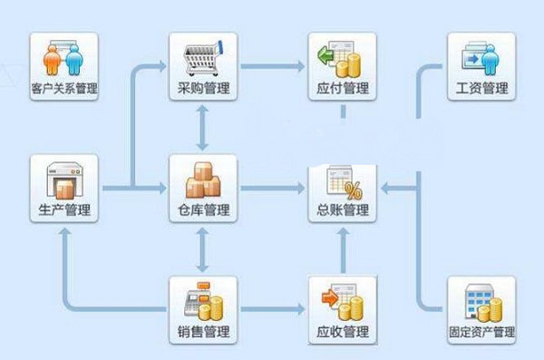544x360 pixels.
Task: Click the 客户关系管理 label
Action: pyautogui.click(x=64, y=90)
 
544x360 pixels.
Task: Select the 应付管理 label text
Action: pyautogui.click(x=343, y=90)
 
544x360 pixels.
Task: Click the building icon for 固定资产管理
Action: pyautogui.click(x=481, y=299)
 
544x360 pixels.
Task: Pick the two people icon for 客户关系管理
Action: pyautogui.click(x=64, y=56)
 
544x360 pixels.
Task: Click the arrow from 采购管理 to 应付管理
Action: pyautogui.click(x=272, y=66)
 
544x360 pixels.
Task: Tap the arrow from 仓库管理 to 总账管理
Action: pyautogui.click(x=272, y=189)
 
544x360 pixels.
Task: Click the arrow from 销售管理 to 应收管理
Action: pyautogui.click(x=272, y=310)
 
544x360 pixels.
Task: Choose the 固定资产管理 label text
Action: pyautogui.click(x=481, y=332)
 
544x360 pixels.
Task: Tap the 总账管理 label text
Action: pyautogui.click(x=343, y=211)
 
